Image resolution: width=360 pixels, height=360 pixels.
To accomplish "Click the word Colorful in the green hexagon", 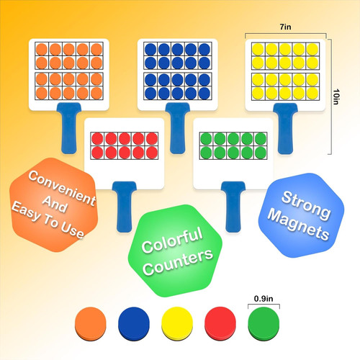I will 171,244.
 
